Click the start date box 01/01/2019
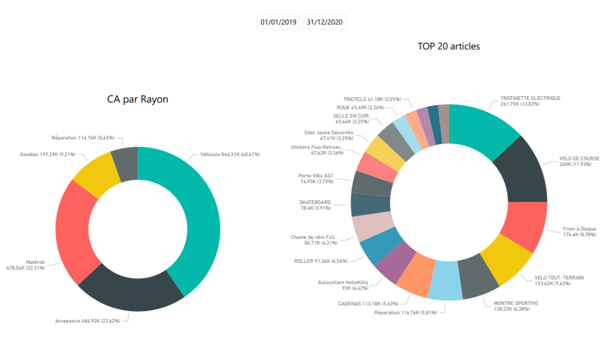[x=279, y=22]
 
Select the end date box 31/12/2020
[x=324, y=22]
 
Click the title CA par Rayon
[x=137, y=99]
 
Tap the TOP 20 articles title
[x=449, y=46]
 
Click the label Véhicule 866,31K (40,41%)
[x=230, y=155]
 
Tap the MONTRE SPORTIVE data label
[x=515, y=306]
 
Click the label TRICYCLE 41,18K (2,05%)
[x=372, y=99]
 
